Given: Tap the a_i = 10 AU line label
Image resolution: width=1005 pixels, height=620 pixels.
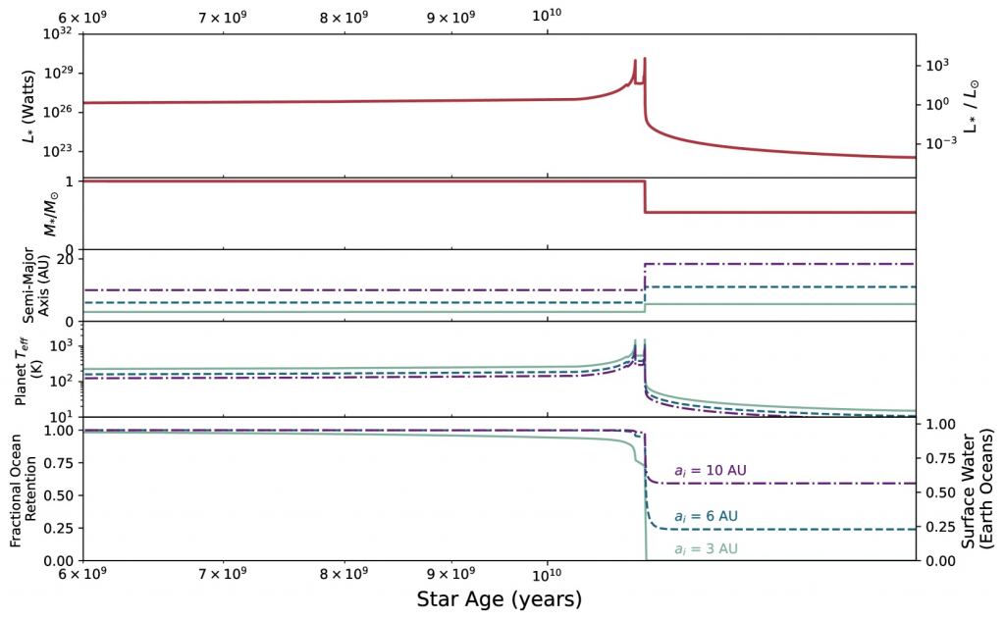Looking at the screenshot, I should (711, 472).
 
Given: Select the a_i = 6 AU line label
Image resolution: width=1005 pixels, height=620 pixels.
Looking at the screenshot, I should (706, 517).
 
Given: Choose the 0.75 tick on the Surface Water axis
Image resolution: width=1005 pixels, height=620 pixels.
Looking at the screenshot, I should (941, 459).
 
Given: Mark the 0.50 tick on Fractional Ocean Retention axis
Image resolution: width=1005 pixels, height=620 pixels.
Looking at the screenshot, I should (61, 495).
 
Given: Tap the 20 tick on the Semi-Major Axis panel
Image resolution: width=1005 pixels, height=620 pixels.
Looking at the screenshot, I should (69, 259).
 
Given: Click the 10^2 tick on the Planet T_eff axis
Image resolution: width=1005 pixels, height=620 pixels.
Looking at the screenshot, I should (63, 381).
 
